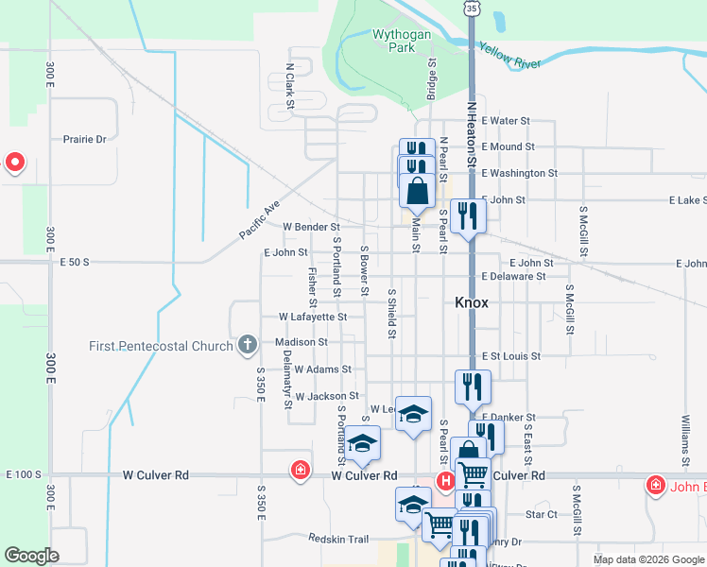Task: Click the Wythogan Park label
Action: tap(402, 41)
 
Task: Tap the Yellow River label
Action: tap(509, 55)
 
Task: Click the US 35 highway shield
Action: tap(471, 7)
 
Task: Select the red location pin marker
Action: tap(14, 163)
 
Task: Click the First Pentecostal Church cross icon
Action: tap(247, 345)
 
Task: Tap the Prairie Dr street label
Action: tap(85, 139)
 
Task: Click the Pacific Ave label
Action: tap(260, 219)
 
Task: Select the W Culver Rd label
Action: tap(364, 475)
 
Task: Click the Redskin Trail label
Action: tap(337, 538)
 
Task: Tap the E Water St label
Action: tap(506, 121)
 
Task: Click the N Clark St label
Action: tap(290, 79)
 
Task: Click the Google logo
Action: tap(31, 556)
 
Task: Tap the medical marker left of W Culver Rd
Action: tap(301, 470)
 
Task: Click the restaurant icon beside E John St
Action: tap(467, 216)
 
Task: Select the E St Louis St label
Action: tap(510, 356)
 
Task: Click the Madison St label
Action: tap(302, 342)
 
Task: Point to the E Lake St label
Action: tap(687, 200)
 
